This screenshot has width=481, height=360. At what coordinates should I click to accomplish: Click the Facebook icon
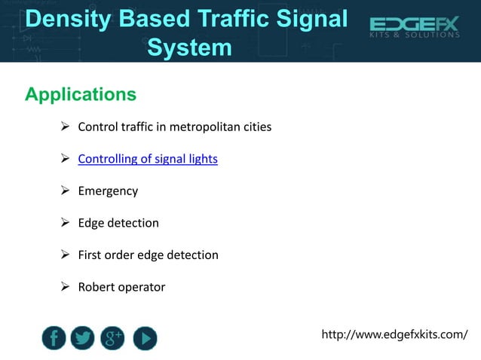[x=54, y=338]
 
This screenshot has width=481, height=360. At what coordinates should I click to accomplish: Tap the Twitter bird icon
[x=83, y=338]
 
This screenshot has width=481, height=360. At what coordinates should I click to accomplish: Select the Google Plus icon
[x=114, y=338]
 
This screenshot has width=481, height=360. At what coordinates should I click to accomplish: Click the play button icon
[x=145, y=338]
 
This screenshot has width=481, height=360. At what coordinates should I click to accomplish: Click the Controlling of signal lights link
[x=148, y=159]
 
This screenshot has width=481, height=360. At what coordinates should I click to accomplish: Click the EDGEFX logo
[x=414, y=25]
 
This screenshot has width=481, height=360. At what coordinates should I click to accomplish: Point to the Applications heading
[x=81, y=95]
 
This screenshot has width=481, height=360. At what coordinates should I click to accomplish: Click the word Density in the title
[x=66, y=19]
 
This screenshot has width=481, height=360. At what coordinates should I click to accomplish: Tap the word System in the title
[x=189, y=47]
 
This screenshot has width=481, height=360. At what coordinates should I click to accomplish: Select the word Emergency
[x=108, y=191]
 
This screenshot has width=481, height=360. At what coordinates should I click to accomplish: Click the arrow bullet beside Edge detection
[x=65, y=223]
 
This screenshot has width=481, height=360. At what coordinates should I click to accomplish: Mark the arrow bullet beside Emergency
[x=65, y=191]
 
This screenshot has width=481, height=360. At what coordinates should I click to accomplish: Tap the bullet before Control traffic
[x=65, y=127]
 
